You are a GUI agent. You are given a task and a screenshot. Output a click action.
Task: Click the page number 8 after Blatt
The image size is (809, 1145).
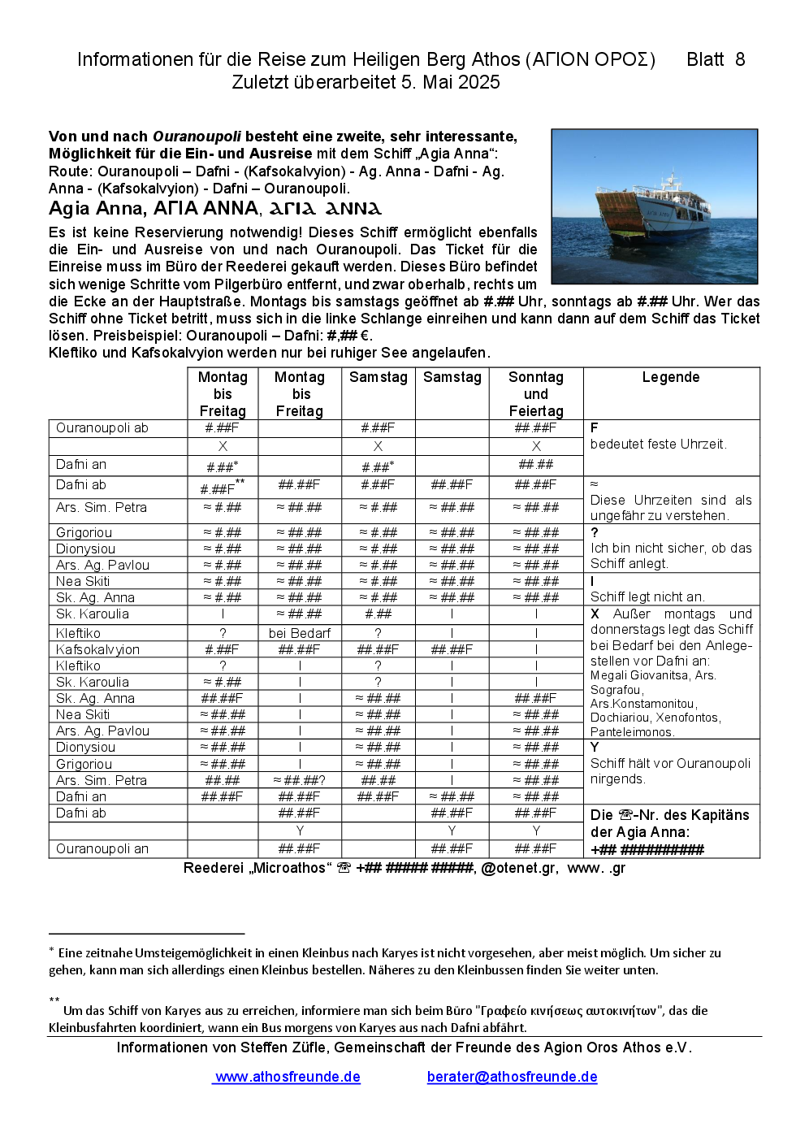740,59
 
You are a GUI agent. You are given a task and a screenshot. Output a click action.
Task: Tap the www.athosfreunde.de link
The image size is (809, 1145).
287,1077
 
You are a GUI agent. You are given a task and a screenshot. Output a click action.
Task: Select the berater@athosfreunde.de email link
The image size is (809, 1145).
512,1077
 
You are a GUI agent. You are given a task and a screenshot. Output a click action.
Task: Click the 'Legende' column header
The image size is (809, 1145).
670,377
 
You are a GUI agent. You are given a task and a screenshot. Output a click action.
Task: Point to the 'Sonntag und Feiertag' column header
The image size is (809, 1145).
535,394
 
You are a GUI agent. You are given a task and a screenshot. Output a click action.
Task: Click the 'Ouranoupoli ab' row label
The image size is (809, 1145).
102,428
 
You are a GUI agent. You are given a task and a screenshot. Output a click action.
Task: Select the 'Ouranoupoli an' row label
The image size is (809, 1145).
102,849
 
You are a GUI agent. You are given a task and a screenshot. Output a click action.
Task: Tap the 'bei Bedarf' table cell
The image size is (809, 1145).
300,633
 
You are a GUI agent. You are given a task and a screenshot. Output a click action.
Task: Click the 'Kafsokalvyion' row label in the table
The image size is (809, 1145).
97,649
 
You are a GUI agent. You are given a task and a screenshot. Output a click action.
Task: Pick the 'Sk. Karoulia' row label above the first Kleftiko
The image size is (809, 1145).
93,614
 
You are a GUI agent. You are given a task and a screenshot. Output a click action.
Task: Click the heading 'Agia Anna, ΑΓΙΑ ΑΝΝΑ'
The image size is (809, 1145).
154,209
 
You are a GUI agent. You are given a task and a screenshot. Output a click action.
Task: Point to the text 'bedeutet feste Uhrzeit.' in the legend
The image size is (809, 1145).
659,445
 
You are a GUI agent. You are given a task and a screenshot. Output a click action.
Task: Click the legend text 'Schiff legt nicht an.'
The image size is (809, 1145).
647,597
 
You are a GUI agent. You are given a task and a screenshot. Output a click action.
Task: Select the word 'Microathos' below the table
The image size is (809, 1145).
288,868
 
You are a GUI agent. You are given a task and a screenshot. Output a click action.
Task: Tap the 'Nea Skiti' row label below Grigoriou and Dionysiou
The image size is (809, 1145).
83,582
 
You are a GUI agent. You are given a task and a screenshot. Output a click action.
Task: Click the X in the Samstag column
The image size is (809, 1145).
378,446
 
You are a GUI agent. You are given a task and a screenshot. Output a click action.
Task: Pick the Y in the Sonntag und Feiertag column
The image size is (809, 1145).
536,831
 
